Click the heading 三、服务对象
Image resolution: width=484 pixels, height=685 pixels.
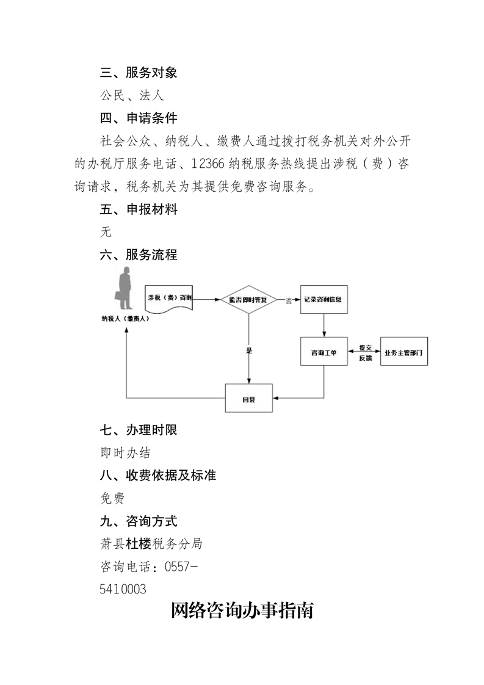(x=139, y=73)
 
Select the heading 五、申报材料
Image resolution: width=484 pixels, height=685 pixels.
(x=139, y=210)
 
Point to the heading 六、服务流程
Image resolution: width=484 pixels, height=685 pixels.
(x=139, y=255)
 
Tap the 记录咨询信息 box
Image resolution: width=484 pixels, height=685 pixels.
(x=322, y=300)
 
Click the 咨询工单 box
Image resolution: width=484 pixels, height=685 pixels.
(x=323, y=352)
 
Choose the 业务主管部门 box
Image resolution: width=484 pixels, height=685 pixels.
(x=403, y=352)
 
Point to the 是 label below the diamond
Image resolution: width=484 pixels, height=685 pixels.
(x=248, y=351)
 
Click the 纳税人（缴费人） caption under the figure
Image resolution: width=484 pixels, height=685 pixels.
(x=126, y=319)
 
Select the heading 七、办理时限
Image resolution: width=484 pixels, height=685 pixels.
(x=139, y=430)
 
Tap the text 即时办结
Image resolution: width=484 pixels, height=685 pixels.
(x=125, y=453)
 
